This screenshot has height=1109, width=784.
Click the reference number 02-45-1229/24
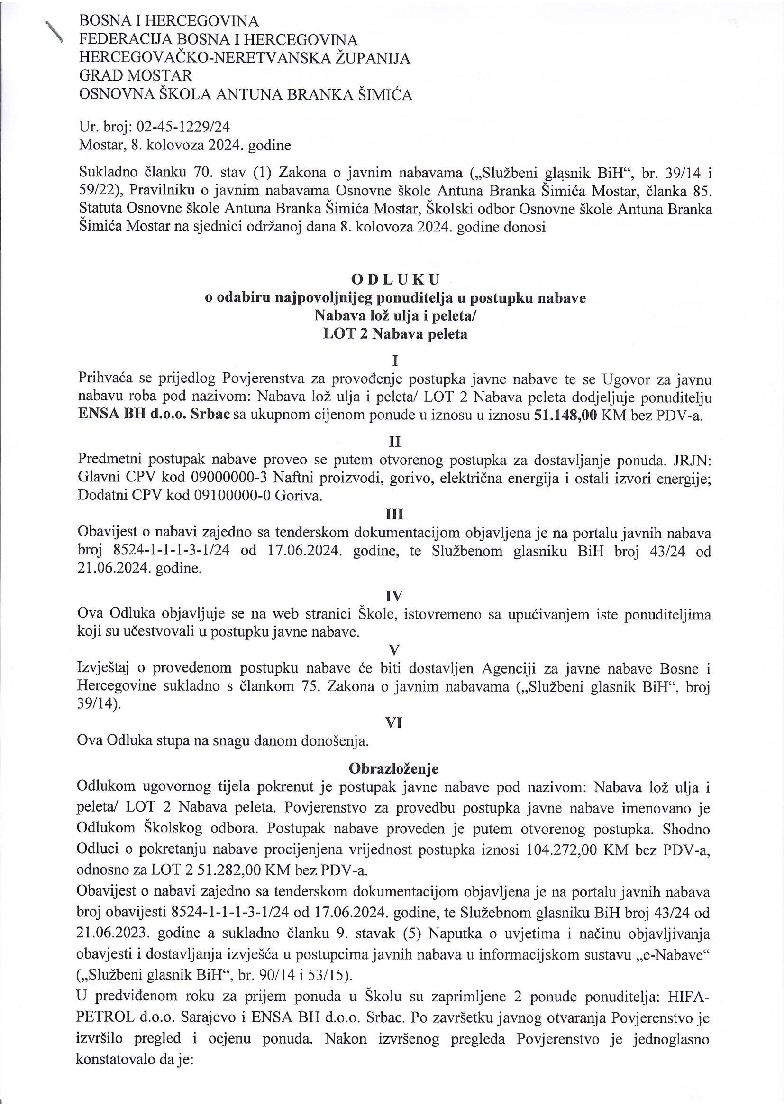(184, 127)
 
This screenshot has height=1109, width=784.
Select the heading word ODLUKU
(394, 280)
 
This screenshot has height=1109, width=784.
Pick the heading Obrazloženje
(394, 768)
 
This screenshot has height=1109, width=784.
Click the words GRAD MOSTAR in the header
(136, 76)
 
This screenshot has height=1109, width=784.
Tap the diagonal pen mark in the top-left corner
(54, 31)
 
